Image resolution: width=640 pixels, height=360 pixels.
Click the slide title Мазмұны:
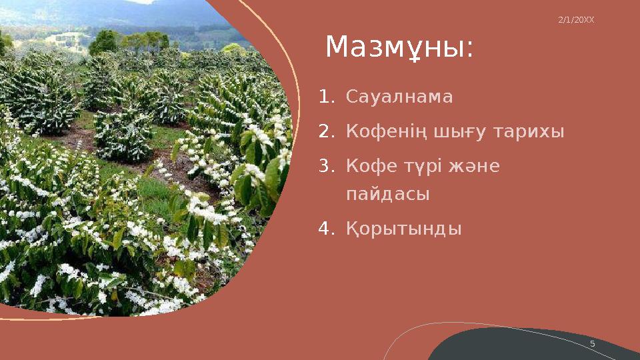click(x=399, y=48)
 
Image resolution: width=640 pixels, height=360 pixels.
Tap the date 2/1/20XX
click(x=575, y=20)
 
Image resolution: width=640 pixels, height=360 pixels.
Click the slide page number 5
click(x=592, y=343)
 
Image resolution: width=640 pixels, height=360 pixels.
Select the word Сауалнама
click(x=399, y=97)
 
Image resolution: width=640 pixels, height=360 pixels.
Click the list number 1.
click(x=325, y=97)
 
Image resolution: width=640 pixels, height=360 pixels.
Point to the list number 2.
click(x=325, y=132)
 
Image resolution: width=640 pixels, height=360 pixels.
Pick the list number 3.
click(x=325, y=166)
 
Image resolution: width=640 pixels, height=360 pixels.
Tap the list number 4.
click(x=325, y=229)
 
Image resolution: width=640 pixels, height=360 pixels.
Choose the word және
click(x=475, y=166)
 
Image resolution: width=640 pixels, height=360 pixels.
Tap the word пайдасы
click(x=387, y=195)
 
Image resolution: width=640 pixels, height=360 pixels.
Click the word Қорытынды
click(x=403, y=229)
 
